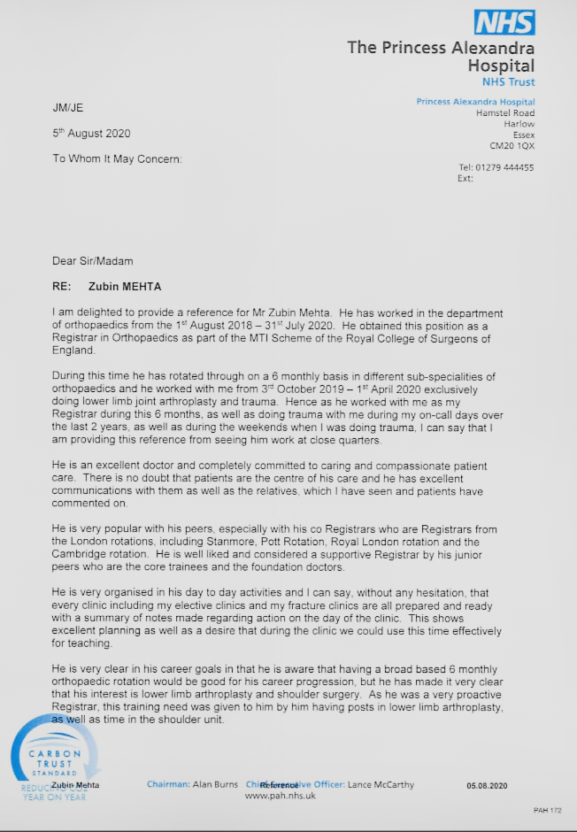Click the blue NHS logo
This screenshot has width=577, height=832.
tap(504, 22)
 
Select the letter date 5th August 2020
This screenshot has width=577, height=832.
tap(91, 134)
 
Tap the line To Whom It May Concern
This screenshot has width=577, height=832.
tap(117, 159)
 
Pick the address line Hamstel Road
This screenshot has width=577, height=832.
tap(504, 113)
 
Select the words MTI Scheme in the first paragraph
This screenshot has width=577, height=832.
tap(289, 338)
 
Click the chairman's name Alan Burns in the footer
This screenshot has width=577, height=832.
tap(216, 784)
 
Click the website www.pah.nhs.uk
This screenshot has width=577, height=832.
tap(280, 796)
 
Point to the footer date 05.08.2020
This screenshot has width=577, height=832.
tap(488, 785)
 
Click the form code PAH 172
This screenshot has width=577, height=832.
tap(547, 810)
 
